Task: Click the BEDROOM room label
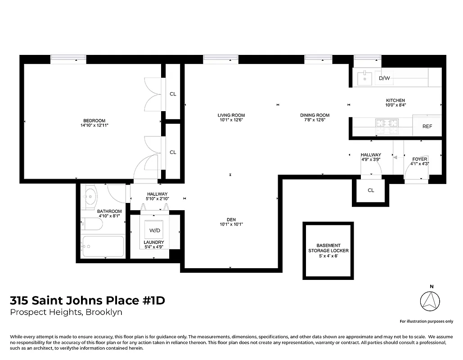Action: (x=94, y=120)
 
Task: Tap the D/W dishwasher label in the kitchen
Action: (x=384, y=78)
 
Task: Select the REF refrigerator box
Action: (x=427, y=126)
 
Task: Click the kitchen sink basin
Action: (x=364, y=79)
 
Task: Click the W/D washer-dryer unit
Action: (x=154, y=230)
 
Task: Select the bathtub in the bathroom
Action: (x=103, y=246)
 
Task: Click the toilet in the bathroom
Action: (x=87, y=222)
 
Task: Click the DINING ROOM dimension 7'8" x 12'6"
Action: (x=315, y=120)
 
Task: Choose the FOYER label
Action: (x=420, y=159)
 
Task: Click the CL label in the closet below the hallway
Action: (x=371, y=190)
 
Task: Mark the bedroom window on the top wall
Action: (x=68, y=57)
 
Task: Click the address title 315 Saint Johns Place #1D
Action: (x=87, y=300)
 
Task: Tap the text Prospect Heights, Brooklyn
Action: (x=66, y=312)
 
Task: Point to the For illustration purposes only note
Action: (x=426, y=321)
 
